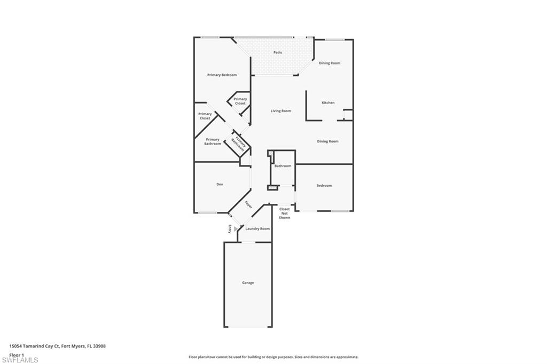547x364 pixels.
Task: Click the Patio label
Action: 278,52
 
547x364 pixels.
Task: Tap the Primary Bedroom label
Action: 222,75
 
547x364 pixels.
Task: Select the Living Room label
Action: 281,111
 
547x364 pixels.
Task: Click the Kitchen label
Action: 328,103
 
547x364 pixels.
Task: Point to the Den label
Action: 220,184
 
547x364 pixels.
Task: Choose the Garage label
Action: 248,283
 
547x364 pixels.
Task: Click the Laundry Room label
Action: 257,229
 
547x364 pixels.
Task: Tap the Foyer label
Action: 248,204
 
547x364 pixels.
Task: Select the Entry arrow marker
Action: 236,228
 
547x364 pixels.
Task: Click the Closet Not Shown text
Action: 284,213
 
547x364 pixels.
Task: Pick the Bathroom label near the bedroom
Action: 283,166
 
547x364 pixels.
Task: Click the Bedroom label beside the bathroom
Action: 324,186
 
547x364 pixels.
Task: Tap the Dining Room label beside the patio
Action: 330,63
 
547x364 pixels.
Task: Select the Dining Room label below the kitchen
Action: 327,141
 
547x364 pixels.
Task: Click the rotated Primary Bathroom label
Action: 239,143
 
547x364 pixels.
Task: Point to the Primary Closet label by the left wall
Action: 205,116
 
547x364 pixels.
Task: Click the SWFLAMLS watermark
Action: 20,360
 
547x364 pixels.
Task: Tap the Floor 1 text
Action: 17,355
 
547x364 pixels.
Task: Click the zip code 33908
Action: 99,346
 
